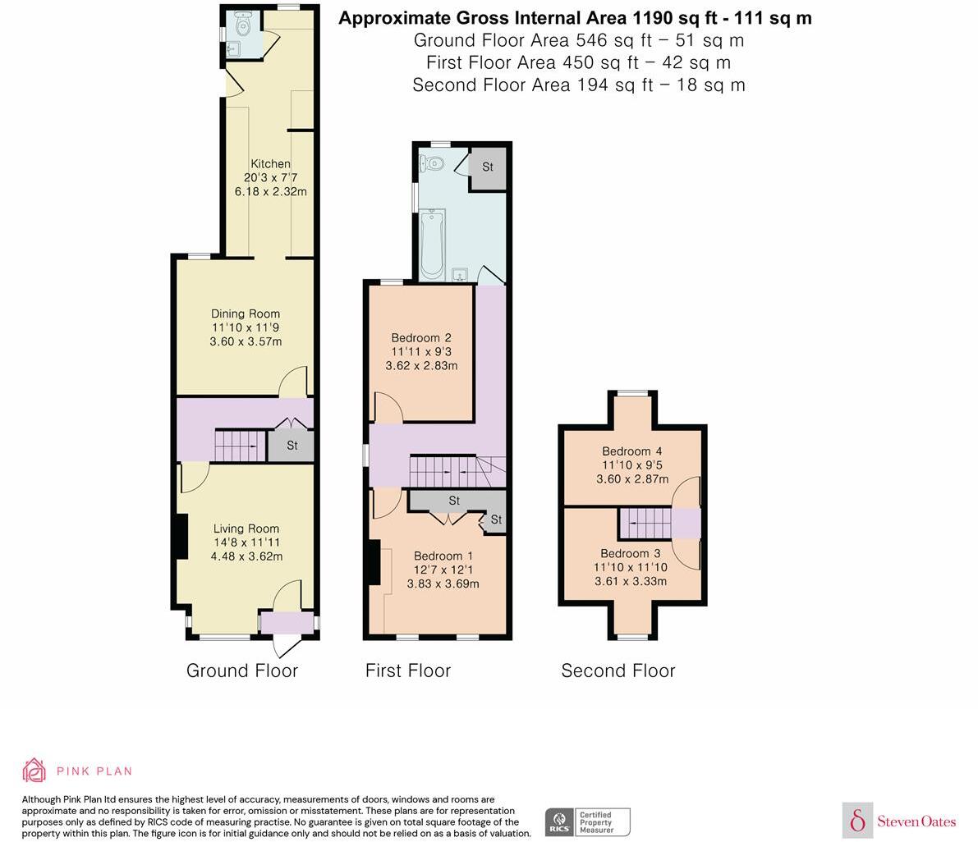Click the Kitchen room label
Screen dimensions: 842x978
270,164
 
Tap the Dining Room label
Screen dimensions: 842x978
245,313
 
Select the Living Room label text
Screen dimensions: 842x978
246,529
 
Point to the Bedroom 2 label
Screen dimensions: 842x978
420,338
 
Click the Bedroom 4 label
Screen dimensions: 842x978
631,451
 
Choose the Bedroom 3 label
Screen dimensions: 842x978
630,553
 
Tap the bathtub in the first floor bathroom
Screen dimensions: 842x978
432,244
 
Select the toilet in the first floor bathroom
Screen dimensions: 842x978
433,163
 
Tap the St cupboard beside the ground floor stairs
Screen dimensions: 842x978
292,446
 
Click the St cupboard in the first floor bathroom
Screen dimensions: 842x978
487,167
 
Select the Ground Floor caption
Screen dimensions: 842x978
241,670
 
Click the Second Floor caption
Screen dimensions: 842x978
618,670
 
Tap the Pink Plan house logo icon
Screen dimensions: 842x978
34,770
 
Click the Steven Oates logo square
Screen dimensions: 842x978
857,820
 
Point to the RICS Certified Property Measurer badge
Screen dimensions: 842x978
588,821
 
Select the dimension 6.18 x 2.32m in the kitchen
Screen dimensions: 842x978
270,192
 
